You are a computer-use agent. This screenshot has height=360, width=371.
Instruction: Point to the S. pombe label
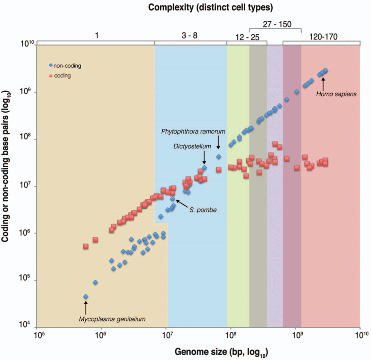203,210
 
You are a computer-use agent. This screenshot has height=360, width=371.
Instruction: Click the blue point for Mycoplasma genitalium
86,296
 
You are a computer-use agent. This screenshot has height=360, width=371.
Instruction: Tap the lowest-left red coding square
86,246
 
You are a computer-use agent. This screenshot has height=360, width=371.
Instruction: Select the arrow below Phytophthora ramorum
218,142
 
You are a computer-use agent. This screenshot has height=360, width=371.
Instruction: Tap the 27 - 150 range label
277,24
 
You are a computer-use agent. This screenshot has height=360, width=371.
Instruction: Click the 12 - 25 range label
247,37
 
